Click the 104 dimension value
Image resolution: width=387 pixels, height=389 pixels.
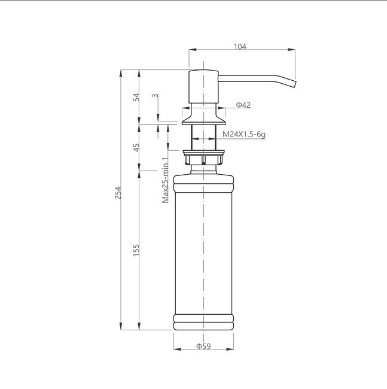240,47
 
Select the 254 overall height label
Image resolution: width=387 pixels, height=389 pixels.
118,193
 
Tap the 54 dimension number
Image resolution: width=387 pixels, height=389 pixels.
136,97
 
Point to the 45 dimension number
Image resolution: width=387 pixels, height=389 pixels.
136,148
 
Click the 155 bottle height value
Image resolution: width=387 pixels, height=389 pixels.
136,250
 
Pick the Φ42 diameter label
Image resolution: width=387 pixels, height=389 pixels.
243,105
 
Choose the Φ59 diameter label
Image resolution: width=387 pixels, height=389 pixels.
203,346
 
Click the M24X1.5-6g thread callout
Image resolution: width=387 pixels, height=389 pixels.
244,135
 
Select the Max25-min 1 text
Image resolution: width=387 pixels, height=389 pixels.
165,180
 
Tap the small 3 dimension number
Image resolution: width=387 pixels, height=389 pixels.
155,96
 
